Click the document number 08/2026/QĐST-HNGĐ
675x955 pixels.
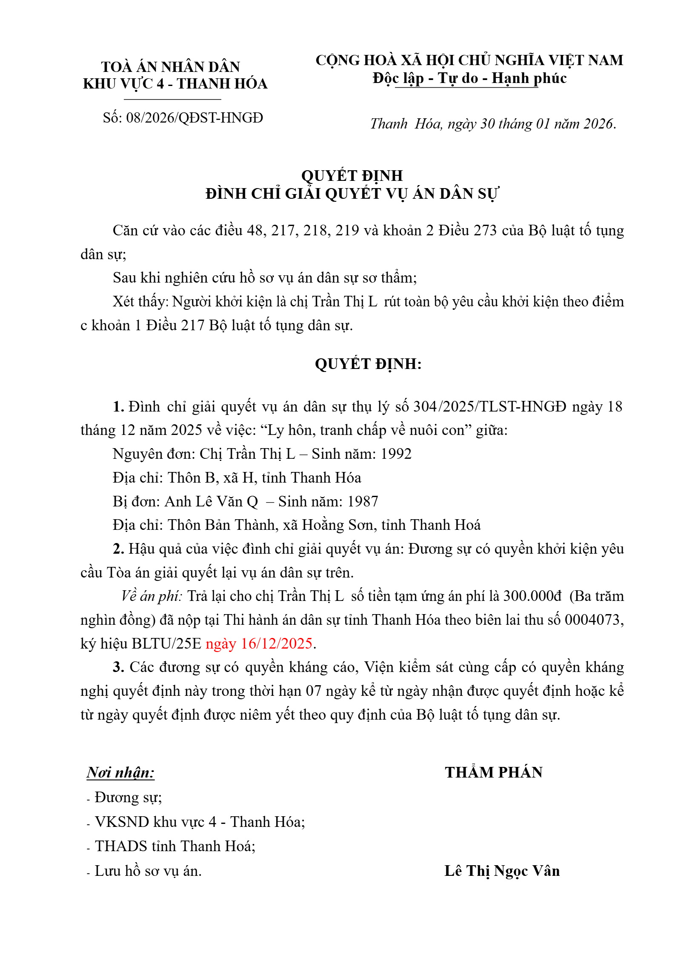tap(194, 118)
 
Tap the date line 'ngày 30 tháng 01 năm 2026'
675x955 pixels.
tap(532, 124)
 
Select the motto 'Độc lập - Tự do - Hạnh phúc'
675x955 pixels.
tap(469, 78)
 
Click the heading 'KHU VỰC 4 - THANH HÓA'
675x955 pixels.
tap(175, 84)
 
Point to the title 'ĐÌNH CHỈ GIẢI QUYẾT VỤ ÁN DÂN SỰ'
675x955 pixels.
tap(352, 194)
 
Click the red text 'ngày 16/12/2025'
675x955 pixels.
tap(259, 643)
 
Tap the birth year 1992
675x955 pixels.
tap(396, 454)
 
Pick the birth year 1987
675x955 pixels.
tap(363, 501)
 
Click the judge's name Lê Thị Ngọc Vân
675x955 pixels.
tap(502, 871)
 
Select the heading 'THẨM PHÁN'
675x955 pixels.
tap(493, 772)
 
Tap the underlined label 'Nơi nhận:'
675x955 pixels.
tap(120, 772)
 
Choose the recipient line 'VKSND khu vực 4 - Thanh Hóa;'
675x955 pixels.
tap(200, 822)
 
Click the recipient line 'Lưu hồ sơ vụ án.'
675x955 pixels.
tap(148, 871)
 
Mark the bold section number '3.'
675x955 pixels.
tap(118, 667)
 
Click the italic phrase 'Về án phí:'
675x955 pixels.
tap(152, 596)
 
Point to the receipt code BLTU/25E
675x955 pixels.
tap(166, 643)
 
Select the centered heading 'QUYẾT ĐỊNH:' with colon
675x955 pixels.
tap(368, 364)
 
